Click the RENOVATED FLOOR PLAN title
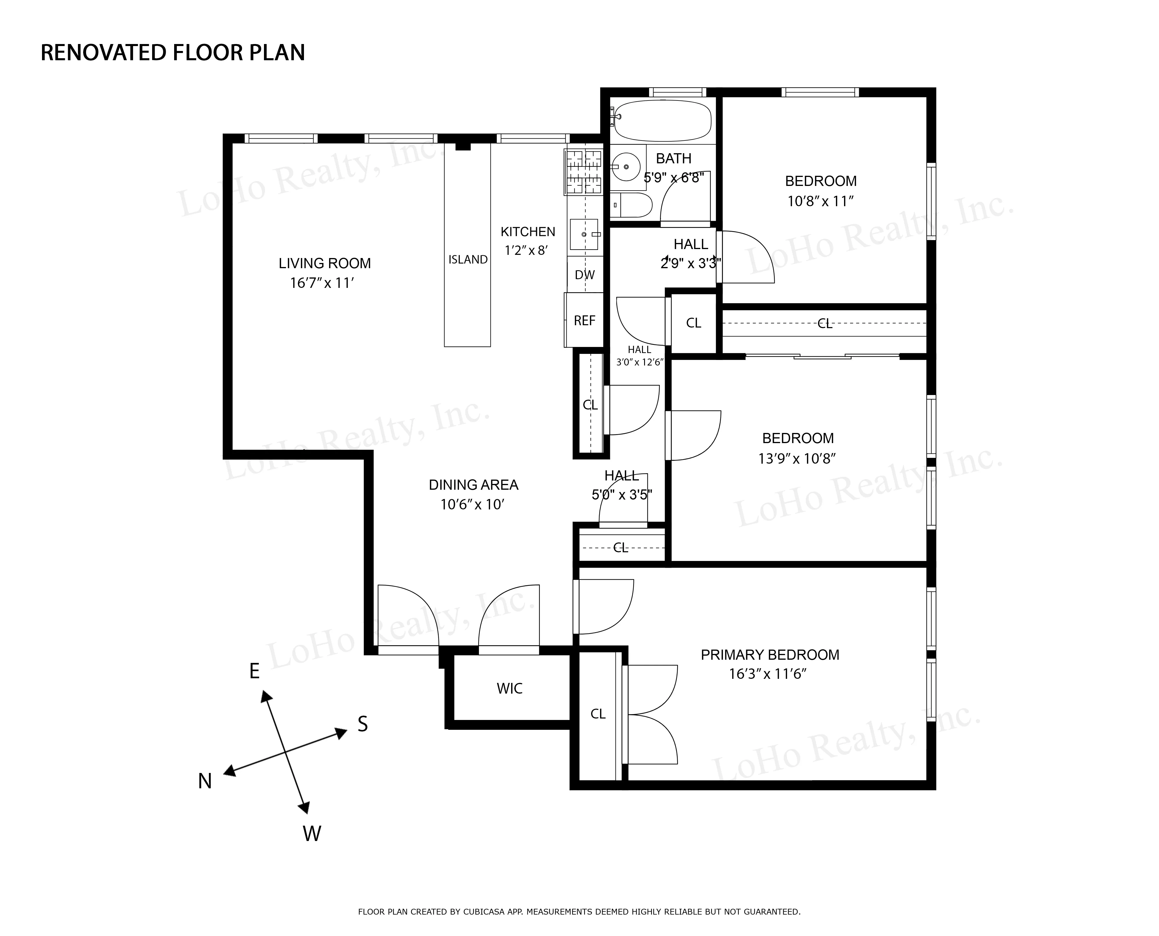click(x=173, y=53)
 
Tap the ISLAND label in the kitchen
click(x=468, y=260)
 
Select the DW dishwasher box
click(x=585, y=275)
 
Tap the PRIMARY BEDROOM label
click(x=770, y=655)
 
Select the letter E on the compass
click(x=254, y=671)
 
